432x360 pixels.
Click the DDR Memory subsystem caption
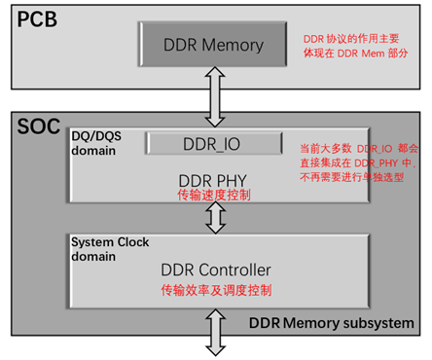332,323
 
